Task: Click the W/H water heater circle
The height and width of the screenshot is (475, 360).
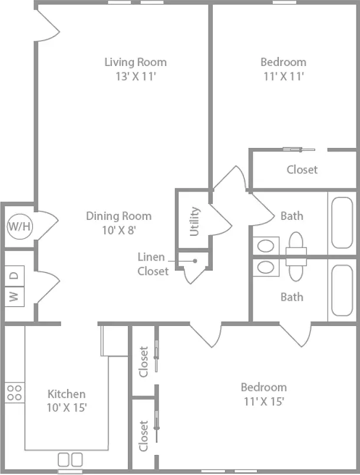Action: point(19,226)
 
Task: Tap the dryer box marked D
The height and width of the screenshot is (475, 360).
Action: point(14,276)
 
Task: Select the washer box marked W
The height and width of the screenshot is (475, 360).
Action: point(14,296)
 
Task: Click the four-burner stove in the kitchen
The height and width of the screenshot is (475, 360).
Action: point(14,392)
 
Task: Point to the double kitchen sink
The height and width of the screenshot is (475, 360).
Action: point(70,460)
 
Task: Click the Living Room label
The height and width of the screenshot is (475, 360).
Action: point(136,62)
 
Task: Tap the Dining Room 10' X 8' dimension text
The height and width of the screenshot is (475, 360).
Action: point(118,230)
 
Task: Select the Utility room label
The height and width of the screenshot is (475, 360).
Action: point(194,221)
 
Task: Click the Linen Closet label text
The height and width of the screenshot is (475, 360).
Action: point(153,264)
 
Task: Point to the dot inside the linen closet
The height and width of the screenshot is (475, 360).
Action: point(195,261)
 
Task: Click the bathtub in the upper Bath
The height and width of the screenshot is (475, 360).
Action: point(342,223)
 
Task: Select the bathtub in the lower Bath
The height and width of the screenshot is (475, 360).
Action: point(342,291)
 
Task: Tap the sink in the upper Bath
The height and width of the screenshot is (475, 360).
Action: point(266,246)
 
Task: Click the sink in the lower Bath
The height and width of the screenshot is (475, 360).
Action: point(266,268)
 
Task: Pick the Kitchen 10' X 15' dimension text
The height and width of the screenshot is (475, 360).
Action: point(67,407)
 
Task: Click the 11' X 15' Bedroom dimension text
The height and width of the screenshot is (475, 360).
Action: point(264,401)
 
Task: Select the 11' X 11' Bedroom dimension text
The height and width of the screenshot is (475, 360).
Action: point(283,76)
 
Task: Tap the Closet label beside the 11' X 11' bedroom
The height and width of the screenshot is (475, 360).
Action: point(302,170)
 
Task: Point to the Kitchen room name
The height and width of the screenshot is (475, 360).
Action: point(67,394)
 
